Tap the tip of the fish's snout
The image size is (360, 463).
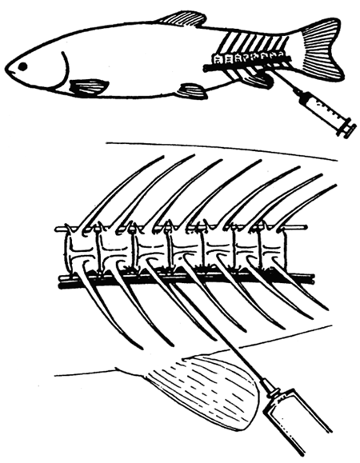(6, 70)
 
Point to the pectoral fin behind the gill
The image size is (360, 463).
(90, 86)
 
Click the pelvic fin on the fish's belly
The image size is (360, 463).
(192, 90)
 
